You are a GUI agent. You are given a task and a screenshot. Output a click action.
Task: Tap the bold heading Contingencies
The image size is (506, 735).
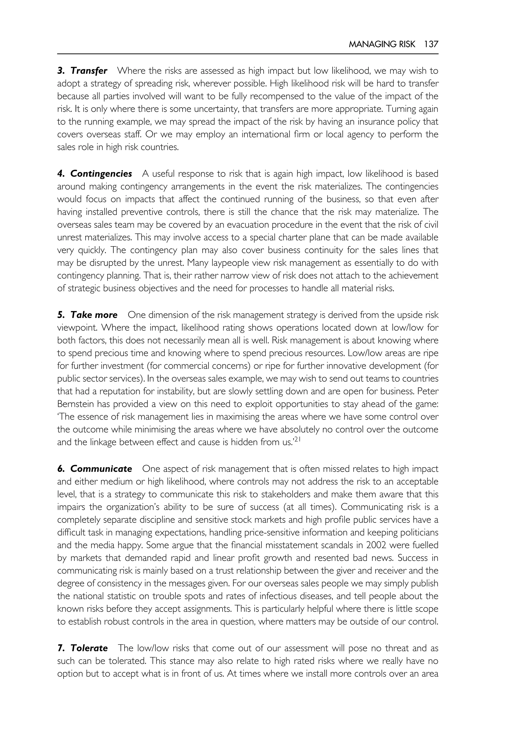[101, 174]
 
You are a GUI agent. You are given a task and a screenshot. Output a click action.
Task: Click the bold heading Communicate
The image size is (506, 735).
[101, 469]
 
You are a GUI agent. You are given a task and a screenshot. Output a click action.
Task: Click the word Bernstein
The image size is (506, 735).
[75, 404]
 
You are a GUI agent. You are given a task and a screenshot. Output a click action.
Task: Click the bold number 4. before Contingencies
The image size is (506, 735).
[62, 174]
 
